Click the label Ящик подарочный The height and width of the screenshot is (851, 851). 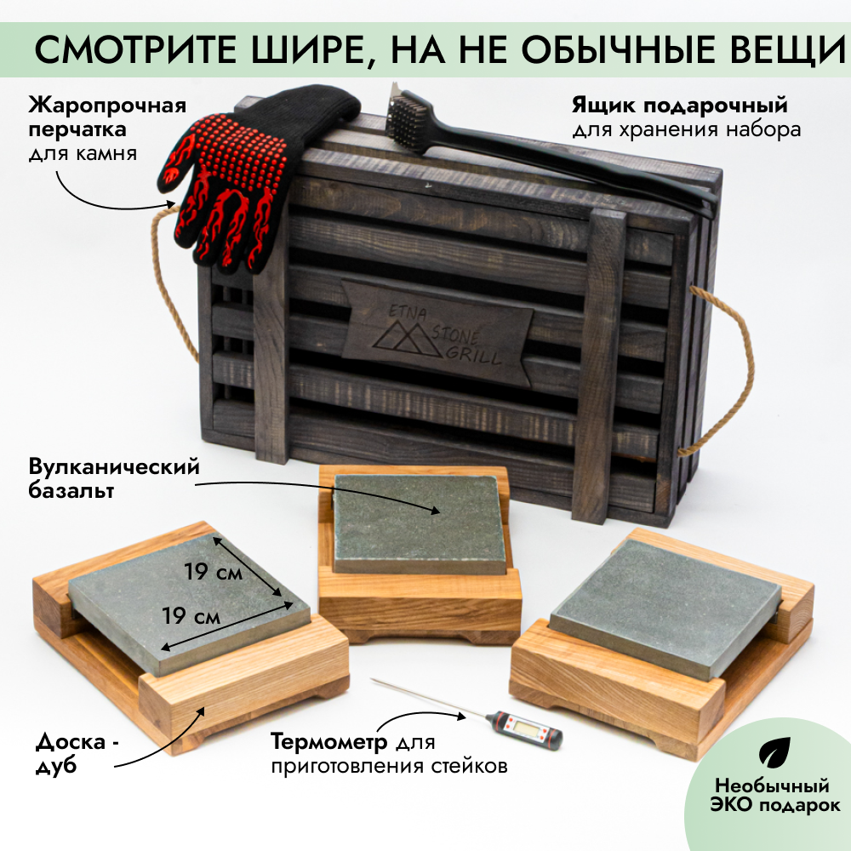pos(677,106)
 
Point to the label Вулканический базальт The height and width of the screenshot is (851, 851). pos(113,478)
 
